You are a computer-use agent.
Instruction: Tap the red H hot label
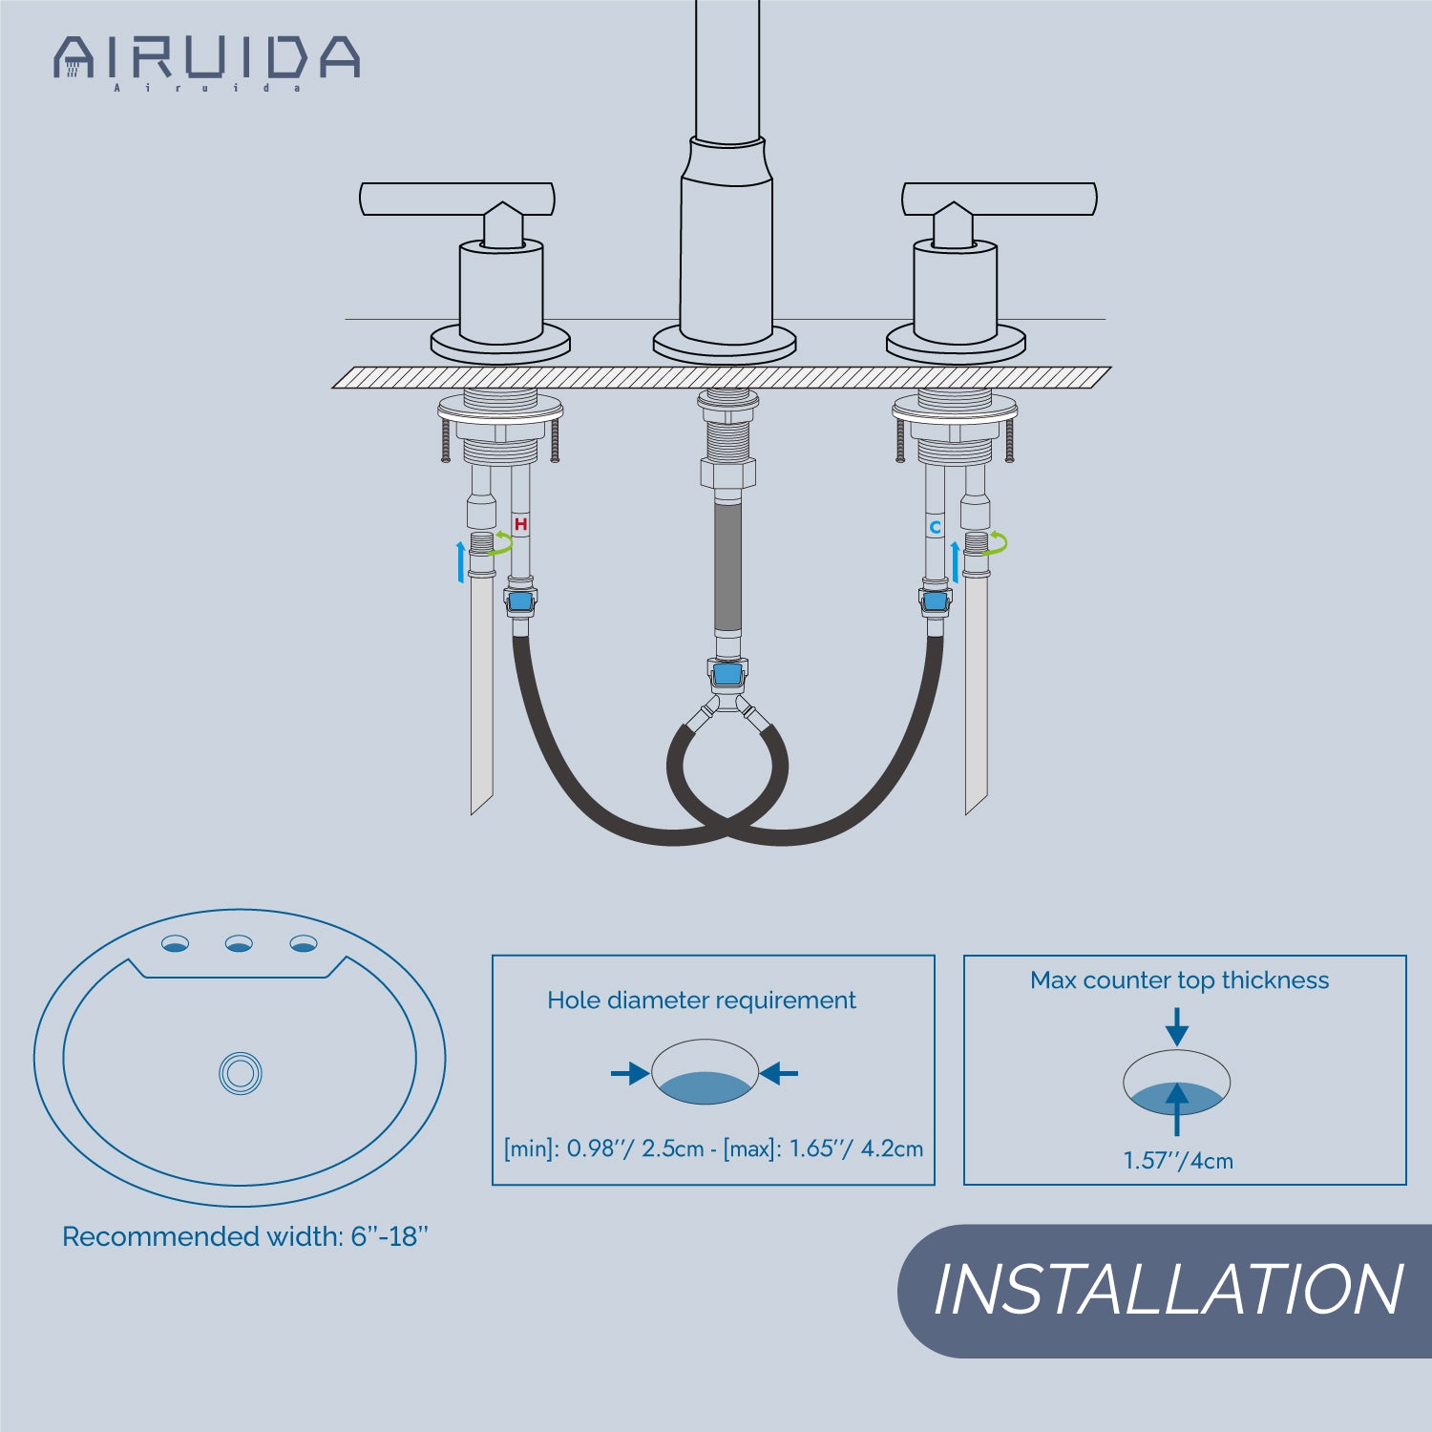tap(520, 524)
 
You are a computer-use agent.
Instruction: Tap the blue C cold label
tap(936, 527)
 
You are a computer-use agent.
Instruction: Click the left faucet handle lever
tap(457, 199)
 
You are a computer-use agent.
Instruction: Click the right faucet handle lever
tap(1000, 199)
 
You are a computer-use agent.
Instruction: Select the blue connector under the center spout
tap(727, 675)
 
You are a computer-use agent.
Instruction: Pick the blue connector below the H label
tap(520, 601)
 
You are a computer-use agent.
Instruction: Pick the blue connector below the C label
tap(936, 601)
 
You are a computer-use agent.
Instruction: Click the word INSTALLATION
tap(1168, 1290)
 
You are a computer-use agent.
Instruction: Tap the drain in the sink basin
tap(240, 1073)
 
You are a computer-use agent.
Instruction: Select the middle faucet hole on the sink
tap(239, 944)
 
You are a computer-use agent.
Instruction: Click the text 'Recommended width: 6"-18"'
tap(245, 1236)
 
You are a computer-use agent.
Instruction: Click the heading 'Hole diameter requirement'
tap(702, 1000)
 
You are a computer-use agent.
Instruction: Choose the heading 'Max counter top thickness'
tap(1179, 980)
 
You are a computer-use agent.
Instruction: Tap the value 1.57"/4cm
tap(1178, 1161)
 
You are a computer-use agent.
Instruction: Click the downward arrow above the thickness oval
tap(1177, 1027)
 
